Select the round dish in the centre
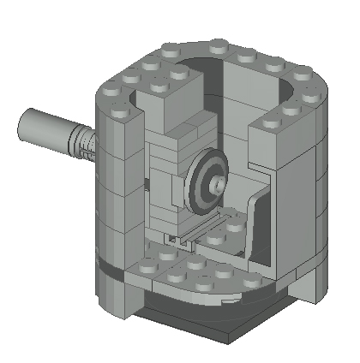coord(208,181)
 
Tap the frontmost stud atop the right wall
coord(272,124)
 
